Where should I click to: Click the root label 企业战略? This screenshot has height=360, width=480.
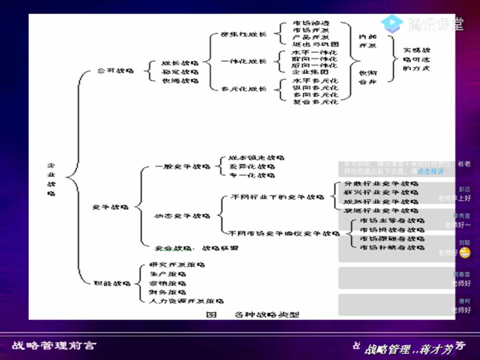[51, 179]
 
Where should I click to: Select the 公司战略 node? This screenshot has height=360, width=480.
[116, 70]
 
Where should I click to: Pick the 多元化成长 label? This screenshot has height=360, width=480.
[244, 89]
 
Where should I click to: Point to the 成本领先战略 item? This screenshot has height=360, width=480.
[252, 158]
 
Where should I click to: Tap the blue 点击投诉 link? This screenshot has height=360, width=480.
[430, 171]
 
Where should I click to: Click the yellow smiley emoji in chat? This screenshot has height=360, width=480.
[465, 253]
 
